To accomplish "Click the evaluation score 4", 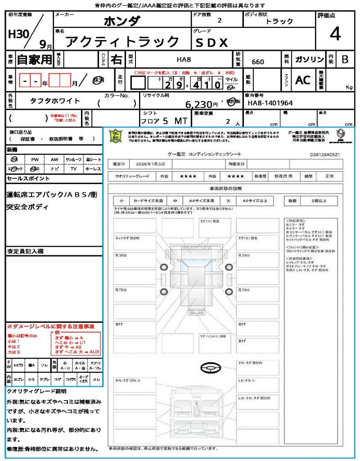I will pos(335,34).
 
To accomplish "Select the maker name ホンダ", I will pos(121,21).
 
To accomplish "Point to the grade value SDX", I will pos(211,43).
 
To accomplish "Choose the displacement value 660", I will pos(258,62).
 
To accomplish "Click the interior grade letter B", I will pos(345,60).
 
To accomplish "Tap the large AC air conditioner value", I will pos(303,80).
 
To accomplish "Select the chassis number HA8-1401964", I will pos(270,103).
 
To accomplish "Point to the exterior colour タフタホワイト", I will pos(55,101).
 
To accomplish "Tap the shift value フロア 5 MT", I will pos(163,121).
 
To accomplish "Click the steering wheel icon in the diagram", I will pos(210,369).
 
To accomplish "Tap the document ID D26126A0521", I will pos(325,154).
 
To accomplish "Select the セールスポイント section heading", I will pos(29,179).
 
